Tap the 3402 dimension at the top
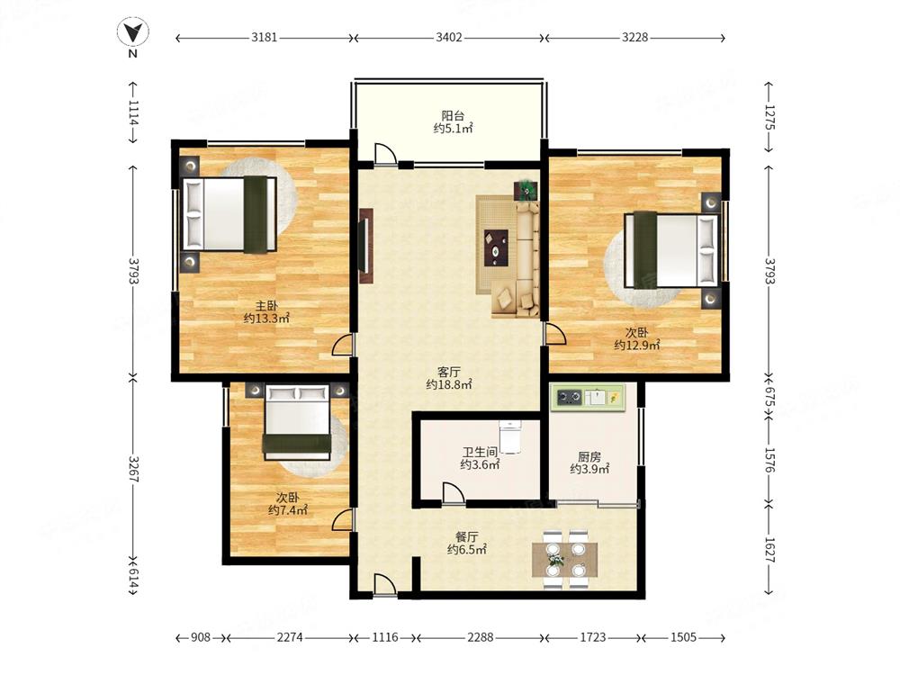(449, 37)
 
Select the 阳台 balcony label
(453, 115)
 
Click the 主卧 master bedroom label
(266, 306)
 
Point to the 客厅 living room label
(449, 372)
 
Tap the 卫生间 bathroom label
(480, 453)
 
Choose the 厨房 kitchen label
(589, 457)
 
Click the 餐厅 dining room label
(466, 537)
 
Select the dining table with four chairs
(564, 560)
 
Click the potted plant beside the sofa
(526, 189)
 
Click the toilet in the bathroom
(509, 436)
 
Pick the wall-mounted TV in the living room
(365, 246)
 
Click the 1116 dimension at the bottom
(385, 637)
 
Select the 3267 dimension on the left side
(133, 469)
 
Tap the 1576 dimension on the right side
(769, 460)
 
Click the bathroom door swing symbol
(454, 493)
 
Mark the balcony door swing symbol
(384, 153)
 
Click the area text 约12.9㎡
(636, 345)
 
